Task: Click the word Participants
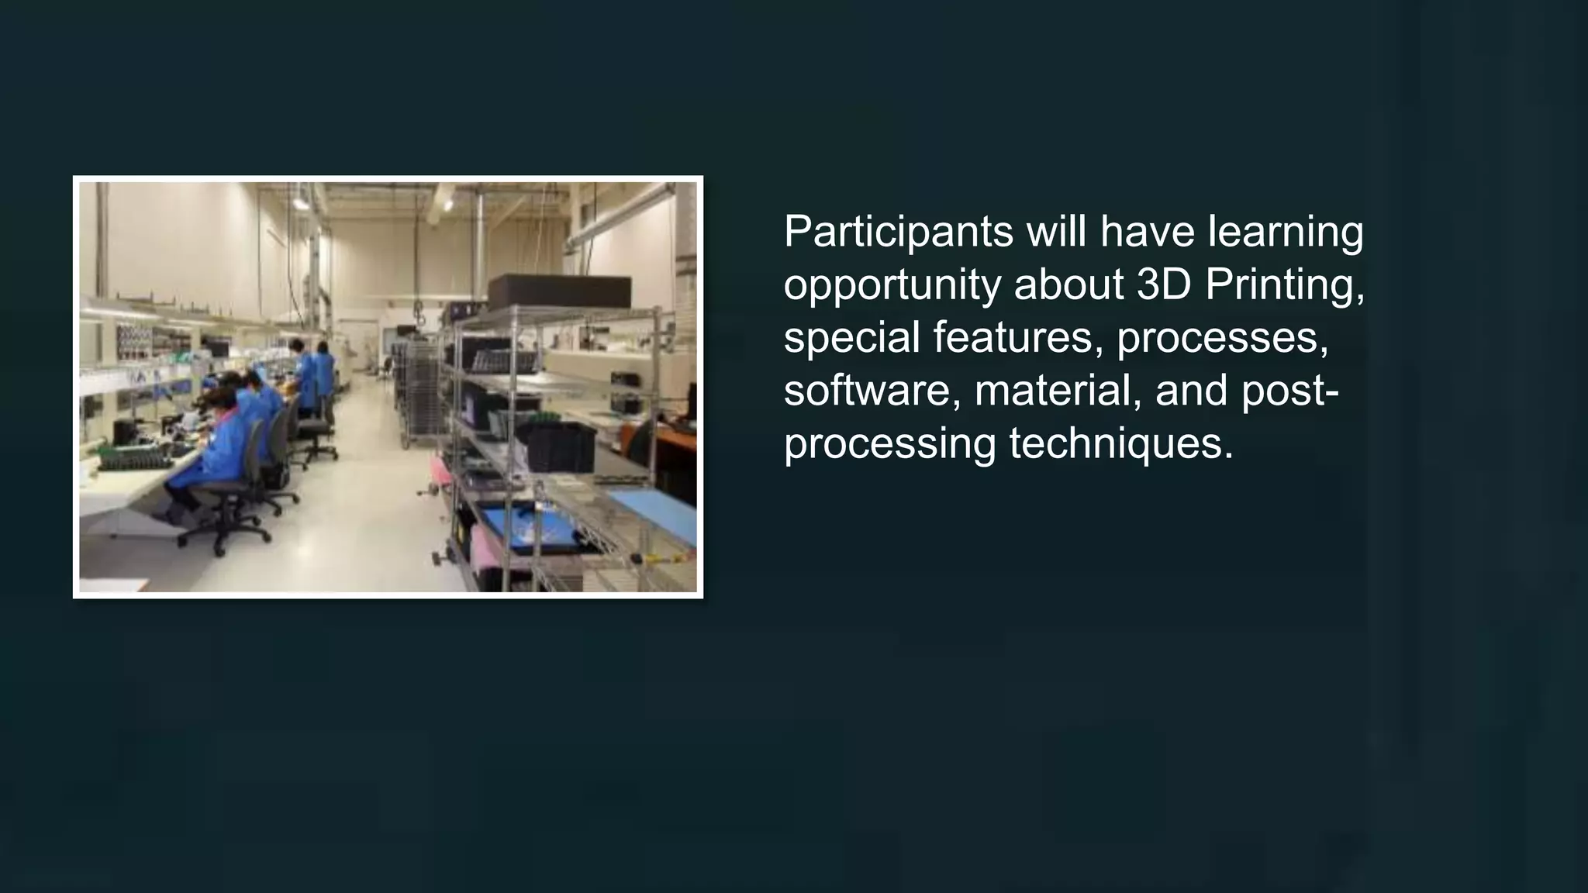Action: [898, 233]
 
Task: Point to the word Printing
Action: [1284, 285]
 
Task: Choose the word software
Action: [866, 390]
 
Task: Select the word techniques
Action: [1120, 443]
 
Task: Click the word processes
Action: [1222, 338]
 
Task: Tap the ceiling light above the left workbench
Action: [300, 203]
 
